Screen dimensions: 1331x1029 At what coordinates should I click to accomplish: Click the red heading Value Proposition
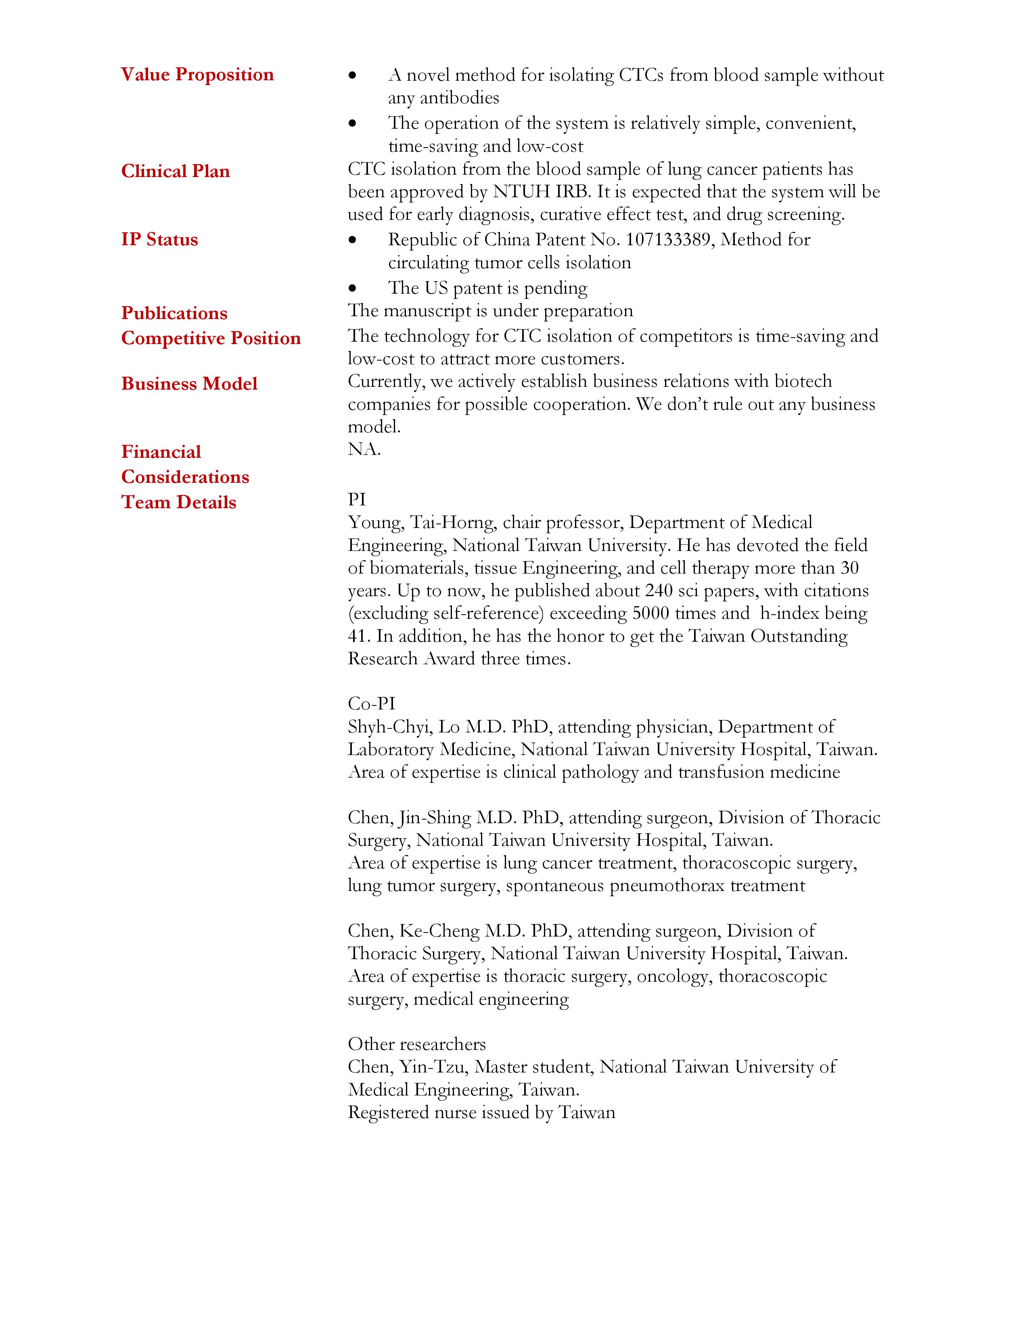pos(197,75)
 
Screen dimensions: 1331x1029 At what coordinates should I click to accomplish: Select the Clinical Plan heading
pos(176,171)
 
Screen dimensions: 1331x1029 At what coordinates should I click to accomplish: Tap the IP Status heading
pos(160,240)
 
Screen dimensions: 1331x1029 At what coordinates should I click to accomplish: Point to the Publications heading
pos(174,313)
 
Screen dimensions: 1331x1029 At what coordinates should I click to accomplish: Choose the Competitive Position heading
pos(211,338)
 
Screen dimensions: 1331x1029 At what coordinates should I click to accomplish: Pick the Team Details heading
pos(179,502)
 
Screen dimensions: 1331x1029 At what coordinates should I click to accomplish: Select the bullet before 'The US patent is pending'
pos(352,288)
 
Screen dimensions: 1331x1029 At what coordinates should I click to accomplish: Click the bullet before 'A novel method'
pos(352,75)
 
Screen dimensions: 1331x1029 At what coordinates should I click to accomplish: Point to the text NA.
pos(364,450)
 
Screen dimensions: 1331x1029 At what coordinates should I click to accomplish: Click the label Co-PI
pos(371,704)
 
